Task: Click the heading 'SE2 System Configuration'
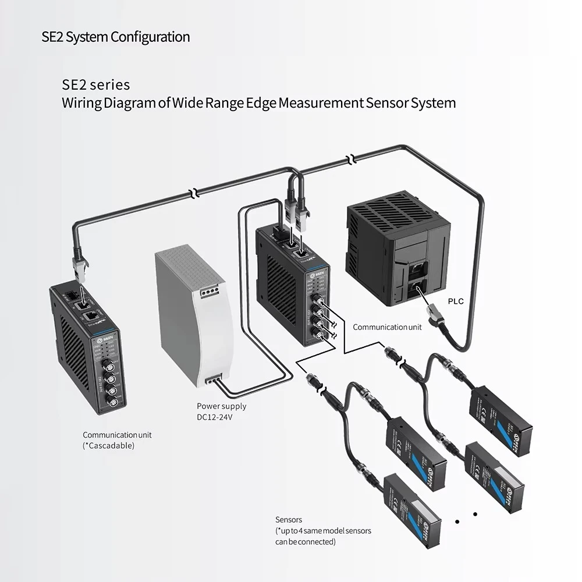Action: pyautogui.click(x=116, y=37)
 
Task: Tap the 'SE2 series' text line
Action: pyautogui.click(x=96, y=85)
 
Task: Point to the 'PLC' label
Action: pyautogui.click(x=456, y=302)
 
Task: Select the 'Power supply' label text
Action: pyautogui.click(x=221, y=406)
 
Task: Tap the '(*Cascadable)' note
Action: pyautogui.click(x=108, y=445)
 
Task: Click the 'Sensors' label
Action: pyautogui.click(x=289, y=520)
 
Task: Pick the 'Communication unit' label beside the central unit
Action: pyautogui.click(x=387, y=327)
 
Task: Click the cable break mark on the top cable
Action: pyautogui.click(x=350, y=159)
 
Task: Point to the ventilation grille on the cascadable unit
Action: pyautogui.click(x=73, y=361)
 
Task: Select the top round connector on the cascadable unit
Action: pyautogui.click(x=108, y=365)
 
